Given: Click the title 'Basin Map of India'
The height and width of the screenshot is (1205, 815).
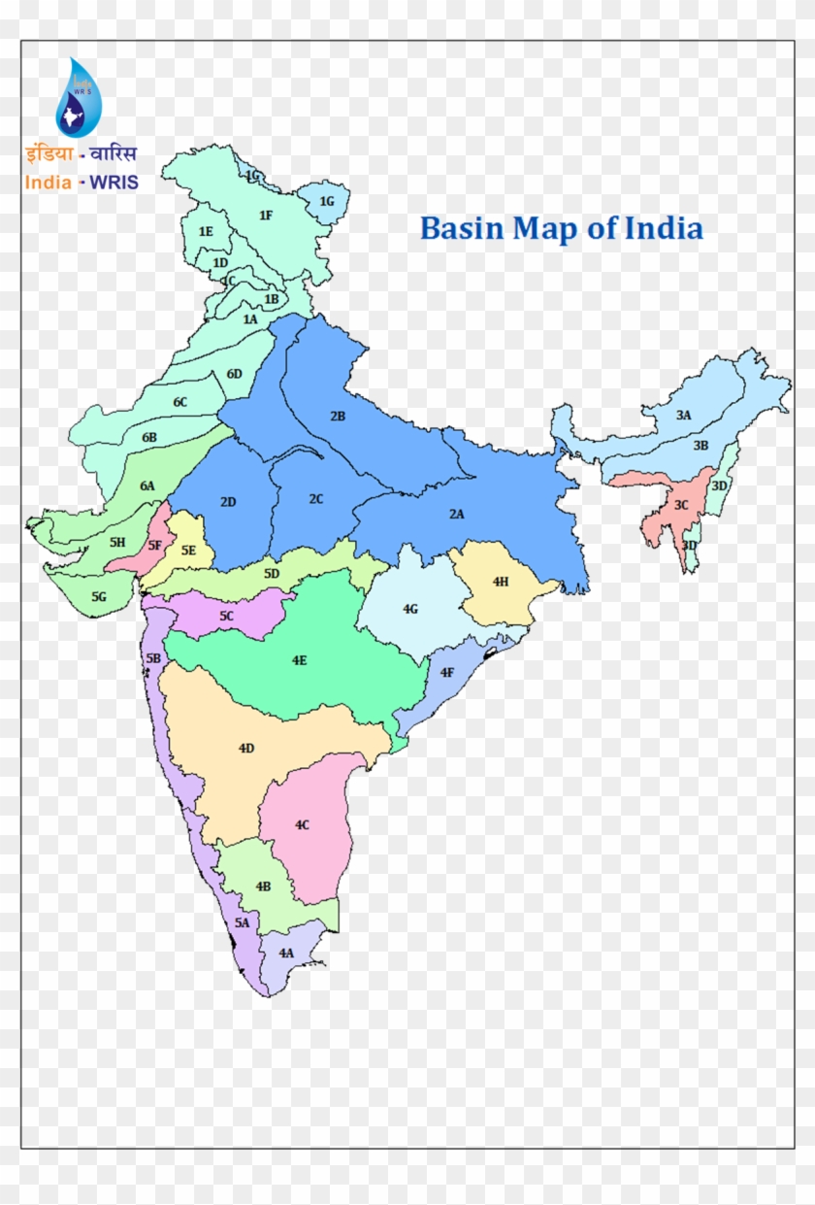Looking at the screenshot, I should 561,229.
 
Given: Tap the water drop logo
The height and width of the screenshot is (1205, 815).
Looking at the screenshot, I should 78,99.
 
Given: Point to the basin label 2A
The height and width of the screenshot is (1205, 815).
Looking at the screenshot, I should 456,514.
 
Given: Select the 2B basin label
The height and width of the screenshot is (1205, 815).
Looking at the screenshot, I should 338,416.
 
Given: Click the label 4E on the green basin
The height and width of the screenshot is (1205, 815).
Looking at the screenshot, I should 299,660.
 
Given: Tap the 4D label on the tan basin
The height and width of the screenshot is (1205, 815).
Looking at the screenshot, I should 246,748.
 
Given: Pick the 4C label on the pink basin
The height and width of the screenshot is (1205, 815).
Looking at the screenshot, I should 303,824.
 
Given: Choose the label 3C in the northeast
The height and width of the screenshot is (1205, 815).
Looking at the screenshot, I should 681,505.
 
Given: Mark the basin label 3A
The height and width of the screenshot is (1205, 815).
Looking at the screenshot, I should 684,415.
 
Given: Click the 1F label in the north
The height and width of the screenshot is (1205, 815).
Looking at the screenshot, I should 266,216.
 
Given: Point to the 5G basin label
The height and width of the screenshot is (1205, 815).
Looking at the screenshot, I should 99,597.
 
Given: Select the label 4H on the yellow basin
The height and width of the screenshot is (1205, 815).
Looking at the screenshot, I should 501,582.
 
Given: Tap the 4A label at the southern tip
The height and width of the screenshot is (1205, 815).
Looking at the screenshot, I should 286,954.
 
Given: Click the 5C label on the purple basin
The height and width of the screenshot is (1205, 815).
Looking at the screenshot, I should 227,616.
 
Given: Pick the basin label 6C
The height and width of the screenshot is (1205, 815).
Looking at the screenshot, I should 180,402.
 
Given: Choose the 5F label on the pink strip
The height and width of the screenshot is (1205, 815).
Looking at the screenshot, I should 155,546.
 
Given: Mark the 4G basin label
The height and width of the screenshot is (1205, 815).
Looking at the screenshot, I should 410,609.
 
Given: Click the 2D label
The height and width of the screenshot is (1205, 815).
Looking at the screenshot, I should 228,502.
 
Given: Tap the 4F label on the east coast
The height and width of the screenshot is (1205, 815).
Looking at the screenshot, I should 446,672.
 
